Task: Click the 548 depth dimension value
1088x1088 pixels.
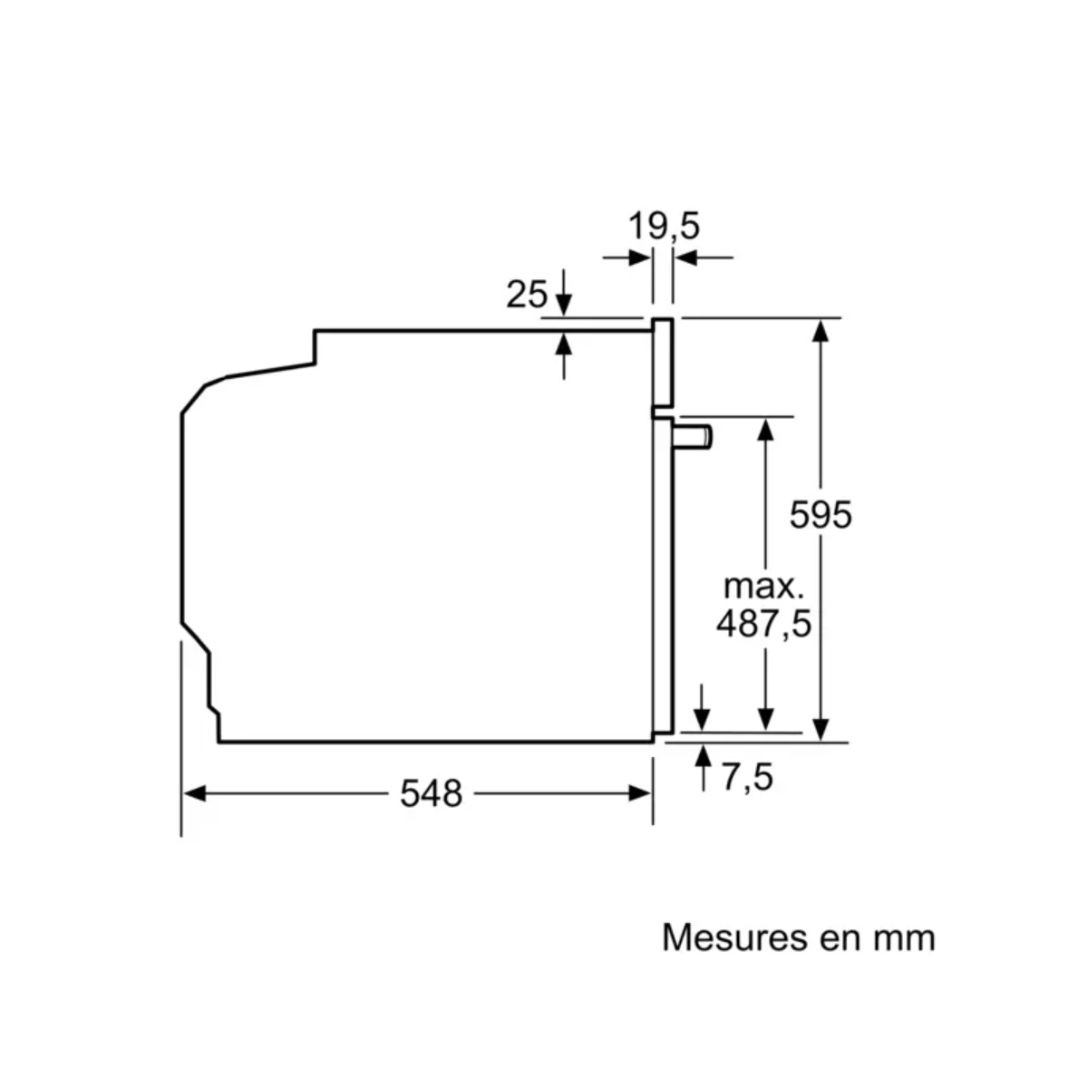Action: click(431, 793)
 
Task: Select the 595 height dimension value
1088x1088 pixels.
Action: click(820, 514)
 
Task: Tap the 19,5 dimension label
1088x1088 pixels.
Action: click(664, 226)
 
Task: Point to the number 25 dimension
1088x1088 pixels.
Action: click(526, 294)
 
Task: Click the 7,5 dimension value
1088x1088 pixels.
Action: click(747, 777)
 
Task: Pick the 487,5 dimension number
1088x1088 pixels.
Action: click(763, 623)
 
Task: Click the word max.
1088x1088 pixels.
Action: click(763, 587)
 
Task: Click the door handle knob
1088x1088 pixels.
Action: click(693, 438)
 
